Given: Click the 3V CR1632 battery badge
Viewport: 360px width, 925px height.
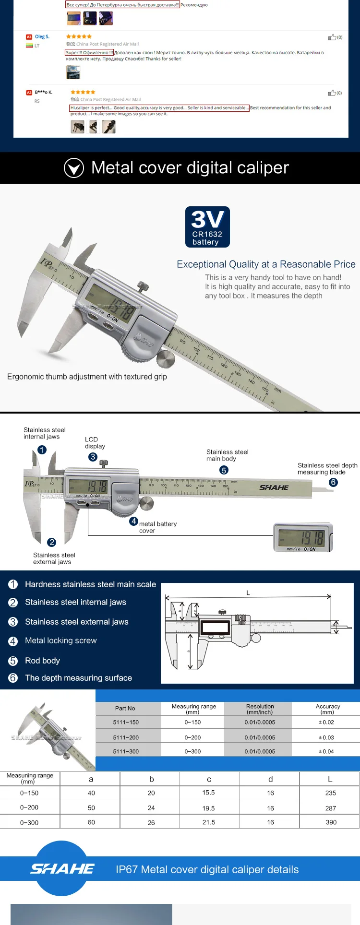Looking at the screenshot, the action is (207, 227).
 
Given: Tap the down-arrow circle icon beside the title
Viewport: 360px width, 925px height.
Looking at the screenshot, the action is (74, 168).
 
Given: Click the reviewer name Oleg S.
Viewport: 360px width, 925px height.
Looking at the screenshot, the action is (42, 36).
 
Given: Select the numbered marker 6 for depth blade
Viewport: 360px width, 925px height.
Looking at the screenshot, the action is (333, 482).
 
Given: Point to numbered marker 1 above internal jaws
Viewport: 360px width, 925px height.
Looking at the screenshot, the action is (42, 450).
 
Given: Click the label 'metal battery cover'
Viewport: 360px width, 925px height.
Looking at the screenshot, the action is (157, 527).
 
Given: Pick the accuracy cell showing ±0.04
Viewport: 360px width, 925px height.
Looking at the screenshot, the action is (326, 751).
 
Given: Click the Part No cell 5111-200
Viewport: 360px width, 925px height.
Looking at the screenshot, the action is (126, 737).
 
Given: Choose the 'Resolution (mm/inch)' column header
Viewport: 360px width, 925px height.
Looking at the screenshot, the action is (260, 709).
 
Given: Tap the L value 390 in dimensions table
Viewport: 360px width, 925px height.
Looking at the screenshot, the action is (331, 822).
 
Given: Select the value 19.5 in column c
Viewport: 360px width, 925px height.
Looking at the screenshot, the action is (208, 808).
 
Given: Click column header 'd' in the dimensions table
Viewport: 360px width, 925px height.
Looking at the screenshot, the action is (270, 779).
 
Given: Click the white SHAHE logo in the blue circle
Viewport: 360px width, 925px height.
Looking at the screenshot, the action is (62, 868).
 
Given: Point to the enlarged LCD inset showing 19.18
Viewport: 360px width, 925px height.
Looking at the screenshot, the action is (302, 538).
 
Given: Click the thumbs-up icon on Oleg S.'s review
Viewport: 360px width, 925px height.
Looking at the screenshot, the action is (332, 37).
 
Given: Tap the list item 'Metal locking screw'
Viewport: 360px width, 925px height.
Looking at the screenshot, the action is (60, 640).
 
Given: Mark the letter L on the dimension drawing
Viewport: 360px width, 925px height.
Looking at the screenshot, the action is (248, 593).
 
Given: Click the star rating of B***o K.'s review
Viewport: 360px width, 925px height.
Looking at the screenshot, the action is (83, 92).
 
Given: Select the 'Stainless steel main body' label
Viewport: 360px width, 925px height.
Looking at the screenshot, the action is (227, 455).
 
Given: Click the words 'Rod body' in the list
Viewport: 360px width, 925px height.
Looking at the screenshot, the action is (42, 661).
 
